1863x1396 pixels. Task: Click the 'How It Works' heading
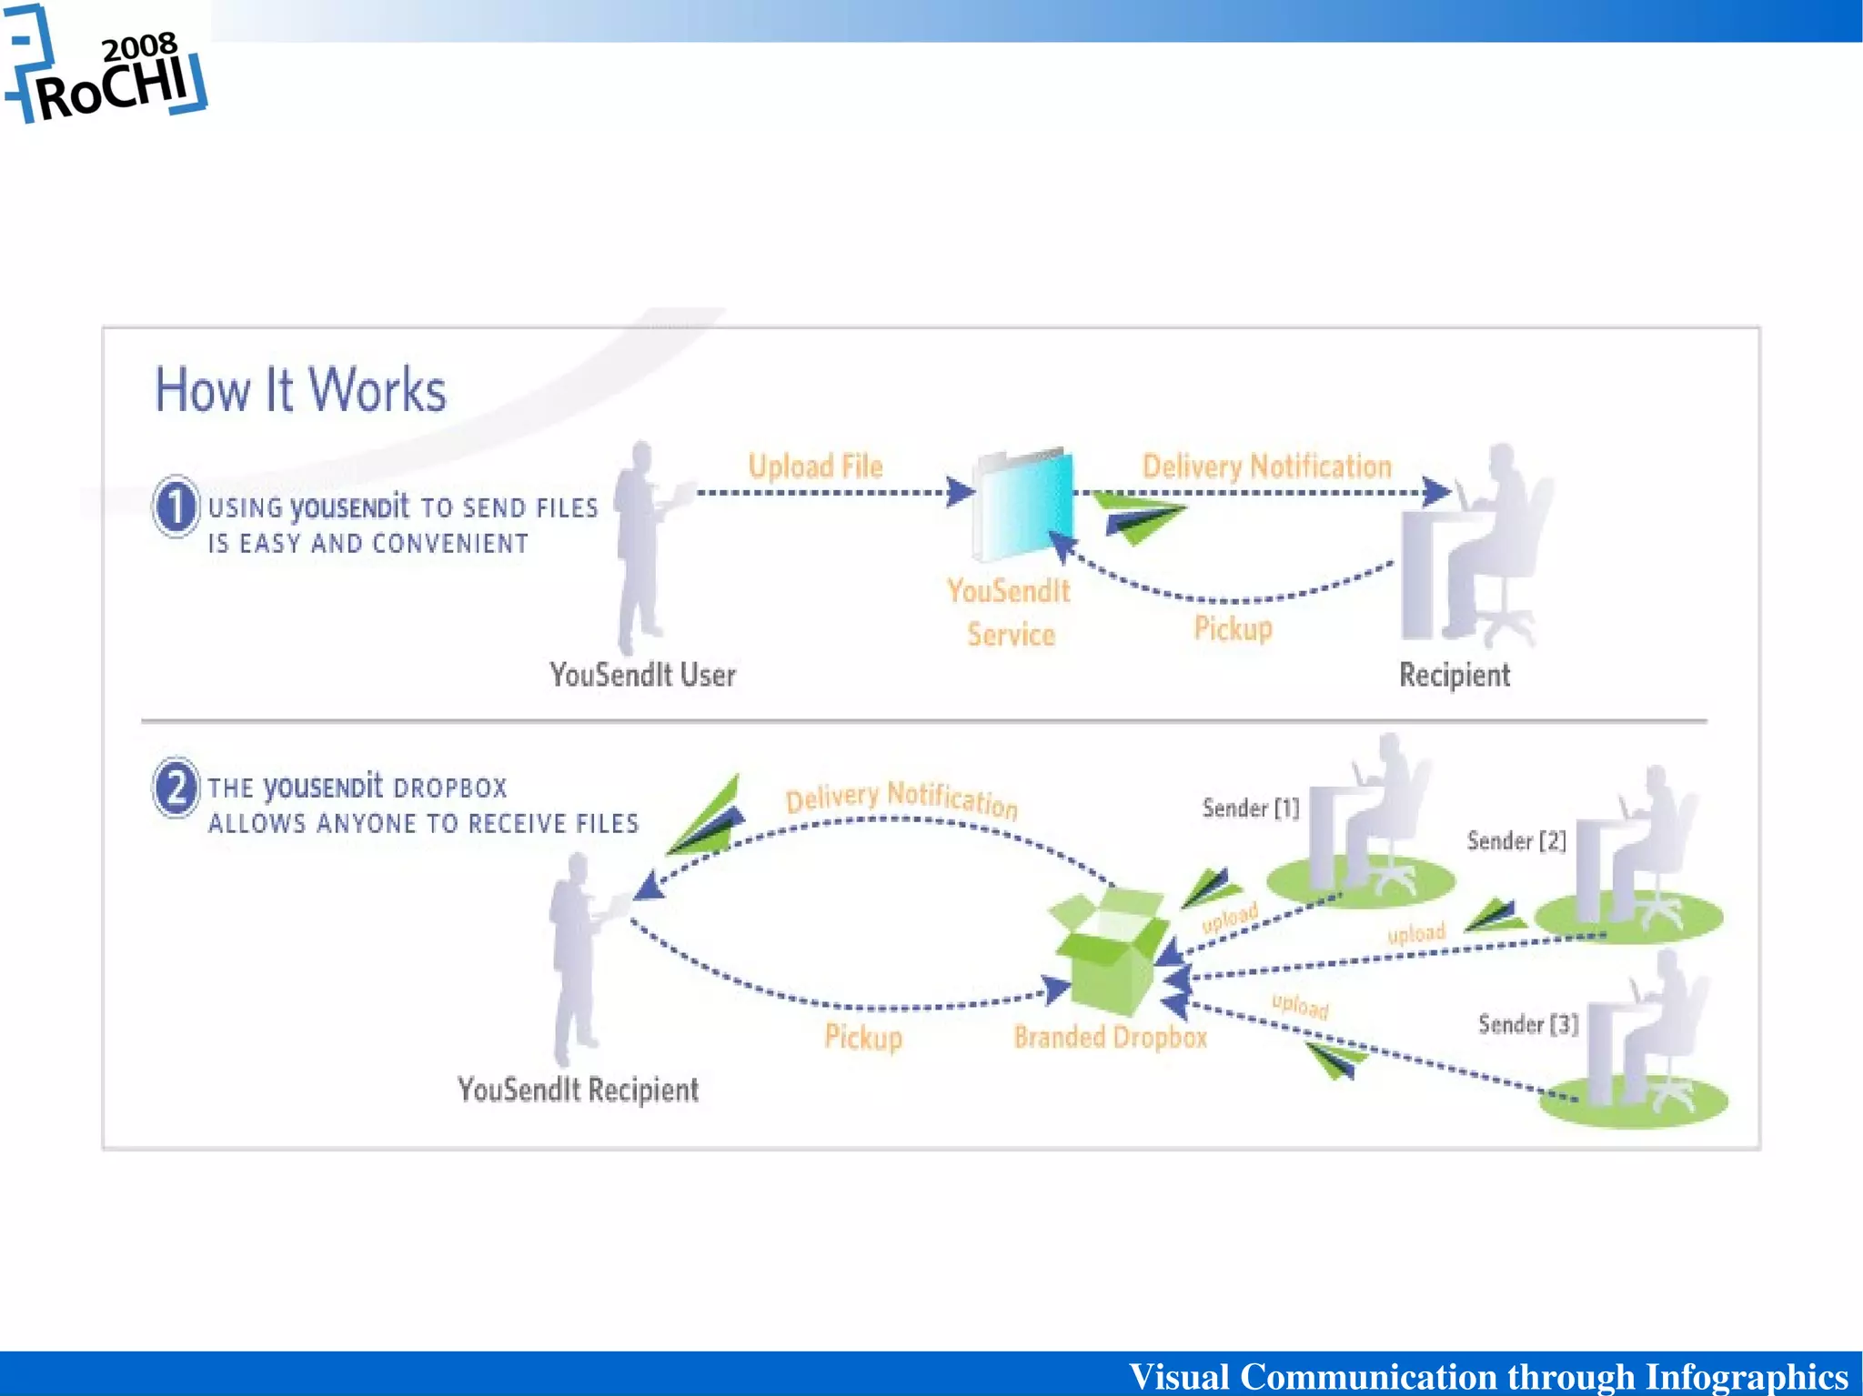[x=300, y=390]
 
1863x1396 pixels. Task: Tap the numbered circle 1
[x=176, y=507]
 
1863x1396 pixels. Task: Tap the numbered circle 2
[x=176, y=787]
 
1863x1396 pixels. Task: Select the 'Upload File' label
[x=815, y=467]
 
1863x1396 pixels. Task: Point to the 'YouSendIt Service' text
[x=1010, y=612]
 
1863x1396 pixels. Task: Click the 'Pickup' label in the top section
[x=1233, y=628]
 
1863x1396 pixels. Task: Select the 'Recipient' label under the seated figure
[x=1454, y=675]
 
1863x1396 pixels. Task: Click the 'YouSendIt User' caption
[x=642, y=675]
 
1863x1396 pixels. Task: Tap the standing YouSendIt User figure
[x=642, y=546]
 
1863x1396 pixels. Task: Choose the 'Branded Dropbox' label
[x=1110, y=1037]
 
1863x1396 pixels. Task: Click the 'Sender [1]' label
[x=1250, y=808]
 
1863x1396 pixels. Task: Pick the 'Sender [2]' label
[x=1516, y=840]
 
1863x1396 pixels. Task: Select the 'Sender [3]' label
[x=1527, y=1025]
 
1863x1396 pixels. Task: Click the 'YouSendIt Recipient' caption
[x=578, y=1089]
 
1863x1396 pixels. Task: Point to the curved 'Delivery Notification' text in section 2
[x=901, y=798]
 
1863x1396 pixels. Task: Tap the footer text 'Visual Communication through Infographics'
[x=1487, y=1375]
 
